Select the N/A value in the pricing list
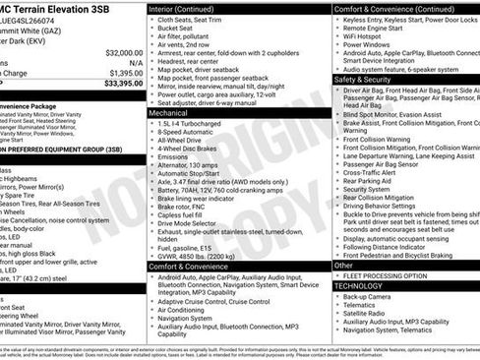click(133, 62)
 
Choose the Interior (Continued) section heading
click(189, 7)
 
